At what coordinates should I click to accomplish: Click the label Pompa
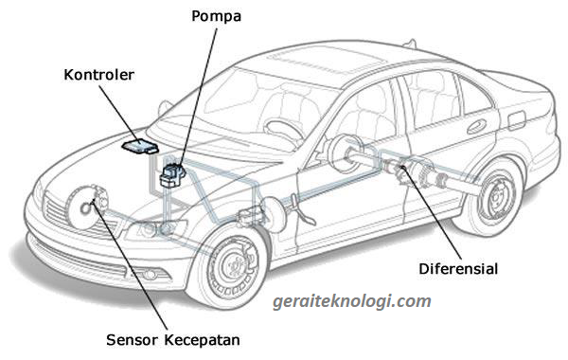point(216,17)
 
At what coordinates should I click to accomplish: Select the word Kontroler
point(98,75)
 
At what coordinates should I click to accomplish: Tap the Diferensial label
point(458,269)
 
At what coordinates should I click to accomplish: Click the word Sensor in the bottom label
point(133,340)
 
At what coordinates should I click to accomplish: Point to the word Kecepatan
point(203,340)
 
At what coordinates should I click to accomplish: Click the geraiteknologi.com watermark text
point(352,301)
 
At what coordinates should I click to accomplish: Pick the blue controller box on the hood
point(140,146)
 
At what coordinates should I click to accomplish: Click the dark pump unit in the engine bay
point(173,175)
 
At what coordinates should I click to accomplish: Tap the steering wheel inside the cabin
point(283,131)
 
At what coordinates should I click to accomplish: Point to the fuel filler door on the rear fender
point(516,120)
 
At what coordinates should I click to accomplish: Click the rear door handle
point(476,127)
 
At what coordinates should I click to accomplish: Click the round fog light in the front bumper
point(150,275)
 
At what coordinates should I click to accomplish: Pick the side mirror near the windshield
point(165,109)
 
